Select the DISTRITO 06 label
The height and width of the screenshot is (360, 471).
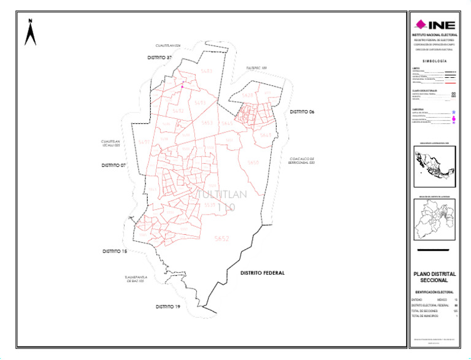pos(302,112)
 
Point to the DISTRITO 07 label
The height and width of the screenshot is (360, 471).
pos(113,166)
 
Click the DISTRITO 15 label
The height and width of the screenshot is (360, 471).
pos(115,251)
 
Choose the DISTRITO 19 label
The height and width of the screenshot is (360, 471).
pos(167,306)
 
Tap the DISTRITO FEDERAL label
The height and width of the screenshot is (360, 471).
pos(262,273)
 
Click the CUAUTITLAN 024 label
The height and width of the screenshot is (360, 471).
pos(168,46)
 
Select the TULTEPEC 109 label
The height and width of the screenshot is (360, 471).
pos(257,68)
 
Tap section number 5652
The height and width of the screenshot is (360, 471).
pos(221,239)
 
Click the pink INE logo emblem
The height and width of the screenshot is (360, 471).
pos(420,25)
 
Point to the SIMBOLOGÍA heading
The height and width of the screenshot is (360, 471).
pos(434,62)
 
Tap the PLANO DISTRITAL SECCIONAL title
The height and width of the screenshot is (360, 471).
pos(434,277)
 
